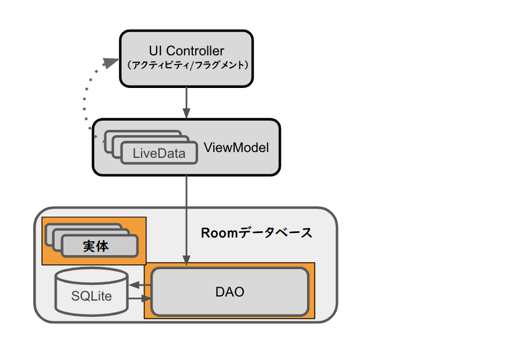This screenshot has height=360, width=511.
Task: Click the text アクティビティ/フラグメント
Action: (186, 65)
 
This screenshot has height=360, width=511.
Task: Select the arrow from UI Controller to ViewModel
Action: (186, 102)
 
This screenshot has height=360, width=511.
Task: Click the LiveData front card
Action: (158, 154)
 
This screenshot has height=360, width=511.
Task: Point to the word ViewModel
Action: (236, 148)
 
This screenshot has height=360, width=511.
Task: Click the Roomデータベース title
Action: (256, 233)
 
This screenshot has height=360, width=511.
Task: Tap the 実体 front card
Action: (99, 246)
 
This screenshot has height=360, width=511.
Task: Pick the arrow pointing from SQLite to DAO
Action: (140, 299)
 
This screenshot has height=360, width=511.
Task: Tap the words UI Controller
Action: (186, 51)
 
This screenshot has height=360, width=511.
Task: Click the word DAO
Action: (230, 292)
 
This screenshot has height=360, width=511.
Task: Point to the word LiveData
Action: (158, 154)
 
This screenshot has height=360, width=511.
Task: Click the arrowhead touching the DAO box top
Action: (186, 262)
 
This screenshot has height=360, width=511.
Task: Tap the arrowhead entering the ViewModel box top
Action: (186, 114)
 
